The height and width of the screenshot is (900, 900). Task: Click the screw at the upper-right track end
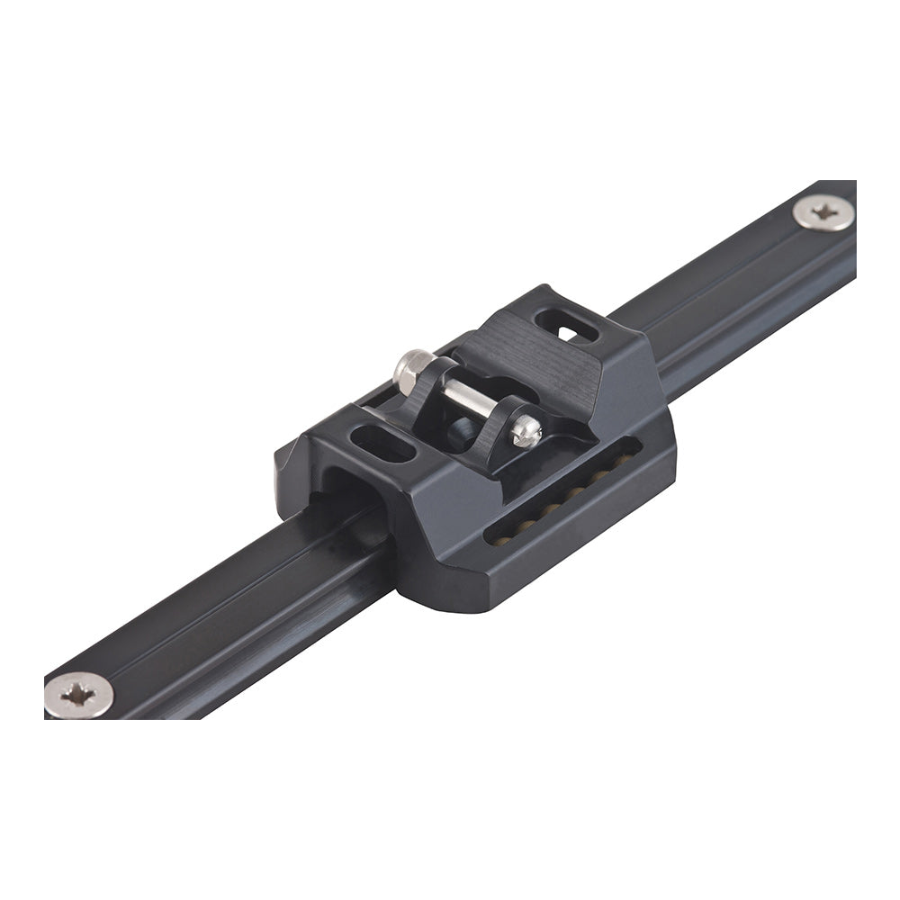click(823, 214)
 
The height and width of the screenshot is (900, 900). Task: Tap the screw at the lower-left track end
click(79, 695)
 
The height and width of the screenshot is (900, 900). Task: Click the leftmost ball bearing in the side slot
click(497, 538)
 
